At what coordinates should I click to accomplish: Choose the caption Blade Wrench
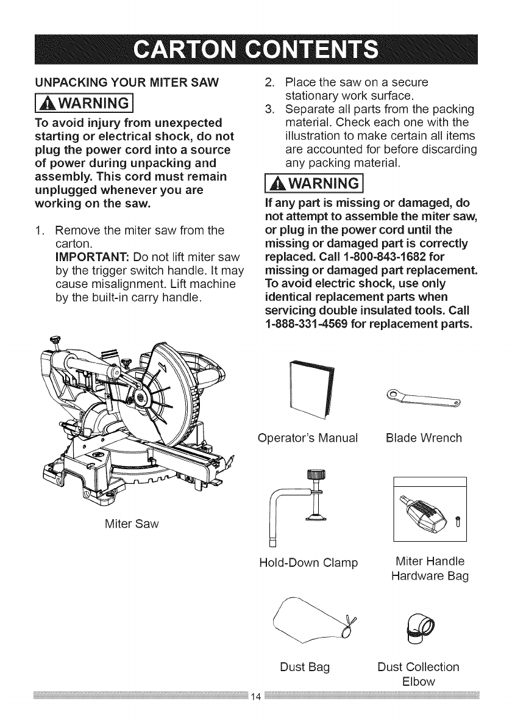pos(424,439)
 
